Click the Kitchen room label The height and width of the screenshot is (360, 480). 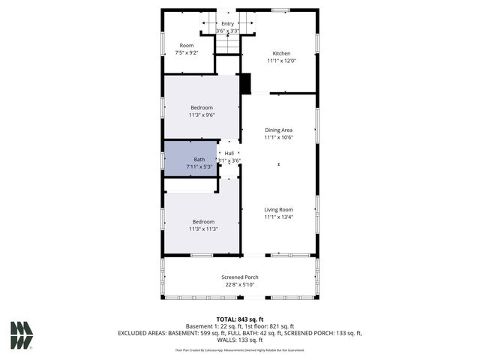pos(281,53)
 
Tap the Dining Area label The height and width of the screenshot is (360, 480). pos(278,130)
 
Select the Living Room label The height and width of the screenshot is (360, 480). pos(278,209)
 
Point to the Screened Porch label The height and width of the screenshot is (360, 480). pos(240,277)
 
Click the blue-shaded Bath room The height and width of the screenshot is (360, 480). pos(190,159)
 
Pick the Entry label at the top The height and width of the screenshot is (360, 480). pos(227,24)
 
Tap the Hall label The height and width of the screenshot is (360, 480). pos(229,154)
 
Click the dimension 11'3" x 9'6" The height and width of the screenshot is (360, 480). pos(202,115)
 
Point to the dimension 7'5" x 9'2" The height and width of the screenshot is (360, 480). pos(186,53)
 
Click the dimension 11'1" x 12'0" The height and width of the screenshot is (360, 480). pos(281,61)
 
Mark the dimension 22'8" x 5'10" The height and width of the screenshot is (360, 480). pos(240,284)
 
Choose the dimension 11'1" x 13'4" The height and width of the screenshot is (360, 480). pos(278,217)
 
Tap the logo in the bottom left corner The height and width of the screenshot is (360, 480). pos(22,335)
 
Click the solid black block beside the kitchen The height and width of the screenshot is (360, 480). pos(245,82)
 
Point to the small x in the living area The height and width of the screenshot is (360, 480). pos(279,164)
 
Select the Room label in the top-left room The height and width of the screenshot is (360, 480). pos(186,46)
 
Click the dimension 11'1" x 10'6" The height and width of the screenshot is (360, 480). pos(278,138)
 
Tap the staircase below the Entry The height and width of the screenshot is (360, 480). pos(227,44)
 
